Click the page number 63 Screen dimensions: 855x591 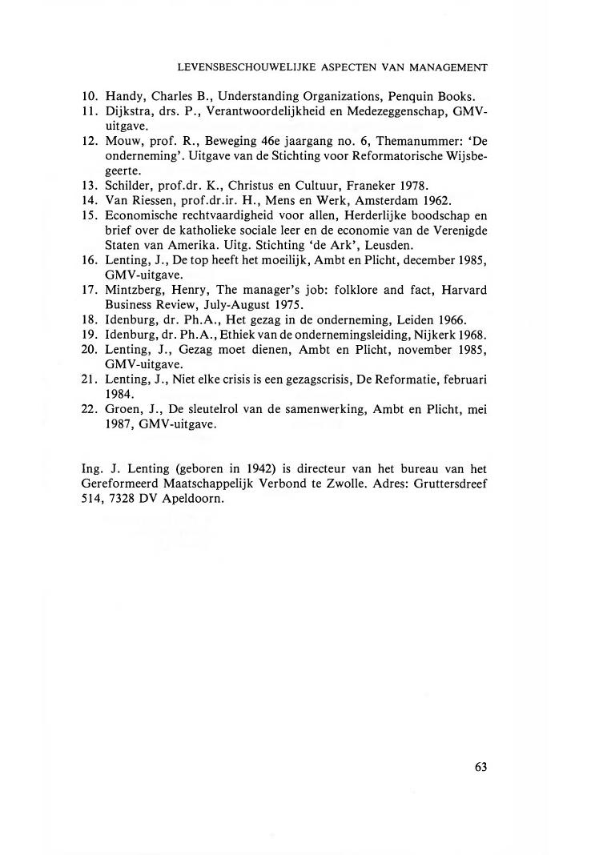pos(480,766)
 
